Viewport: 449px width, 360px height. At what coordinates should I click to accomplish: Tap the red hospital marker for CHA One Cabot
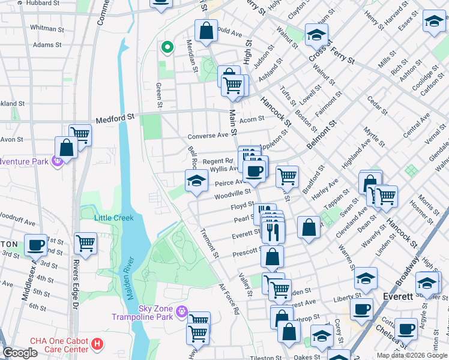click(97, 345)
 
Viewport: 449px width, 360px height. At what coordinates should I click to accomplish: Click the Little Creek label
click(114, 218)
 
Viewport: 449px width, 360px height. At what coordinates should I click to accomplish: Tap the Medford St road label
click(111, 118)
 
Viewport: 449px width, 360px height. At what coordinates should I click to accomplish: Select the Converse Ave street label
click(208, 136)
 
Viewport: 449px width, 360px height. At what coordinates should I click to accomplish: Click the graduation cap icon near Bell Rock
click(196, 181)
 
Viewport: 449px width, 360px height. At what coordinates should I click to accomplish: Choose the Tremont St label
click(211, 243)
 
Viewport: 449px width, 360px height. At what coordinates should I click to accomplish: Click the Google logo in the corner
click(20, 353)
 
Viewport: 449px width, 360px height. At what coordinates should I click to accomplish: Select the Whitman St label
click(43, 28)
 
